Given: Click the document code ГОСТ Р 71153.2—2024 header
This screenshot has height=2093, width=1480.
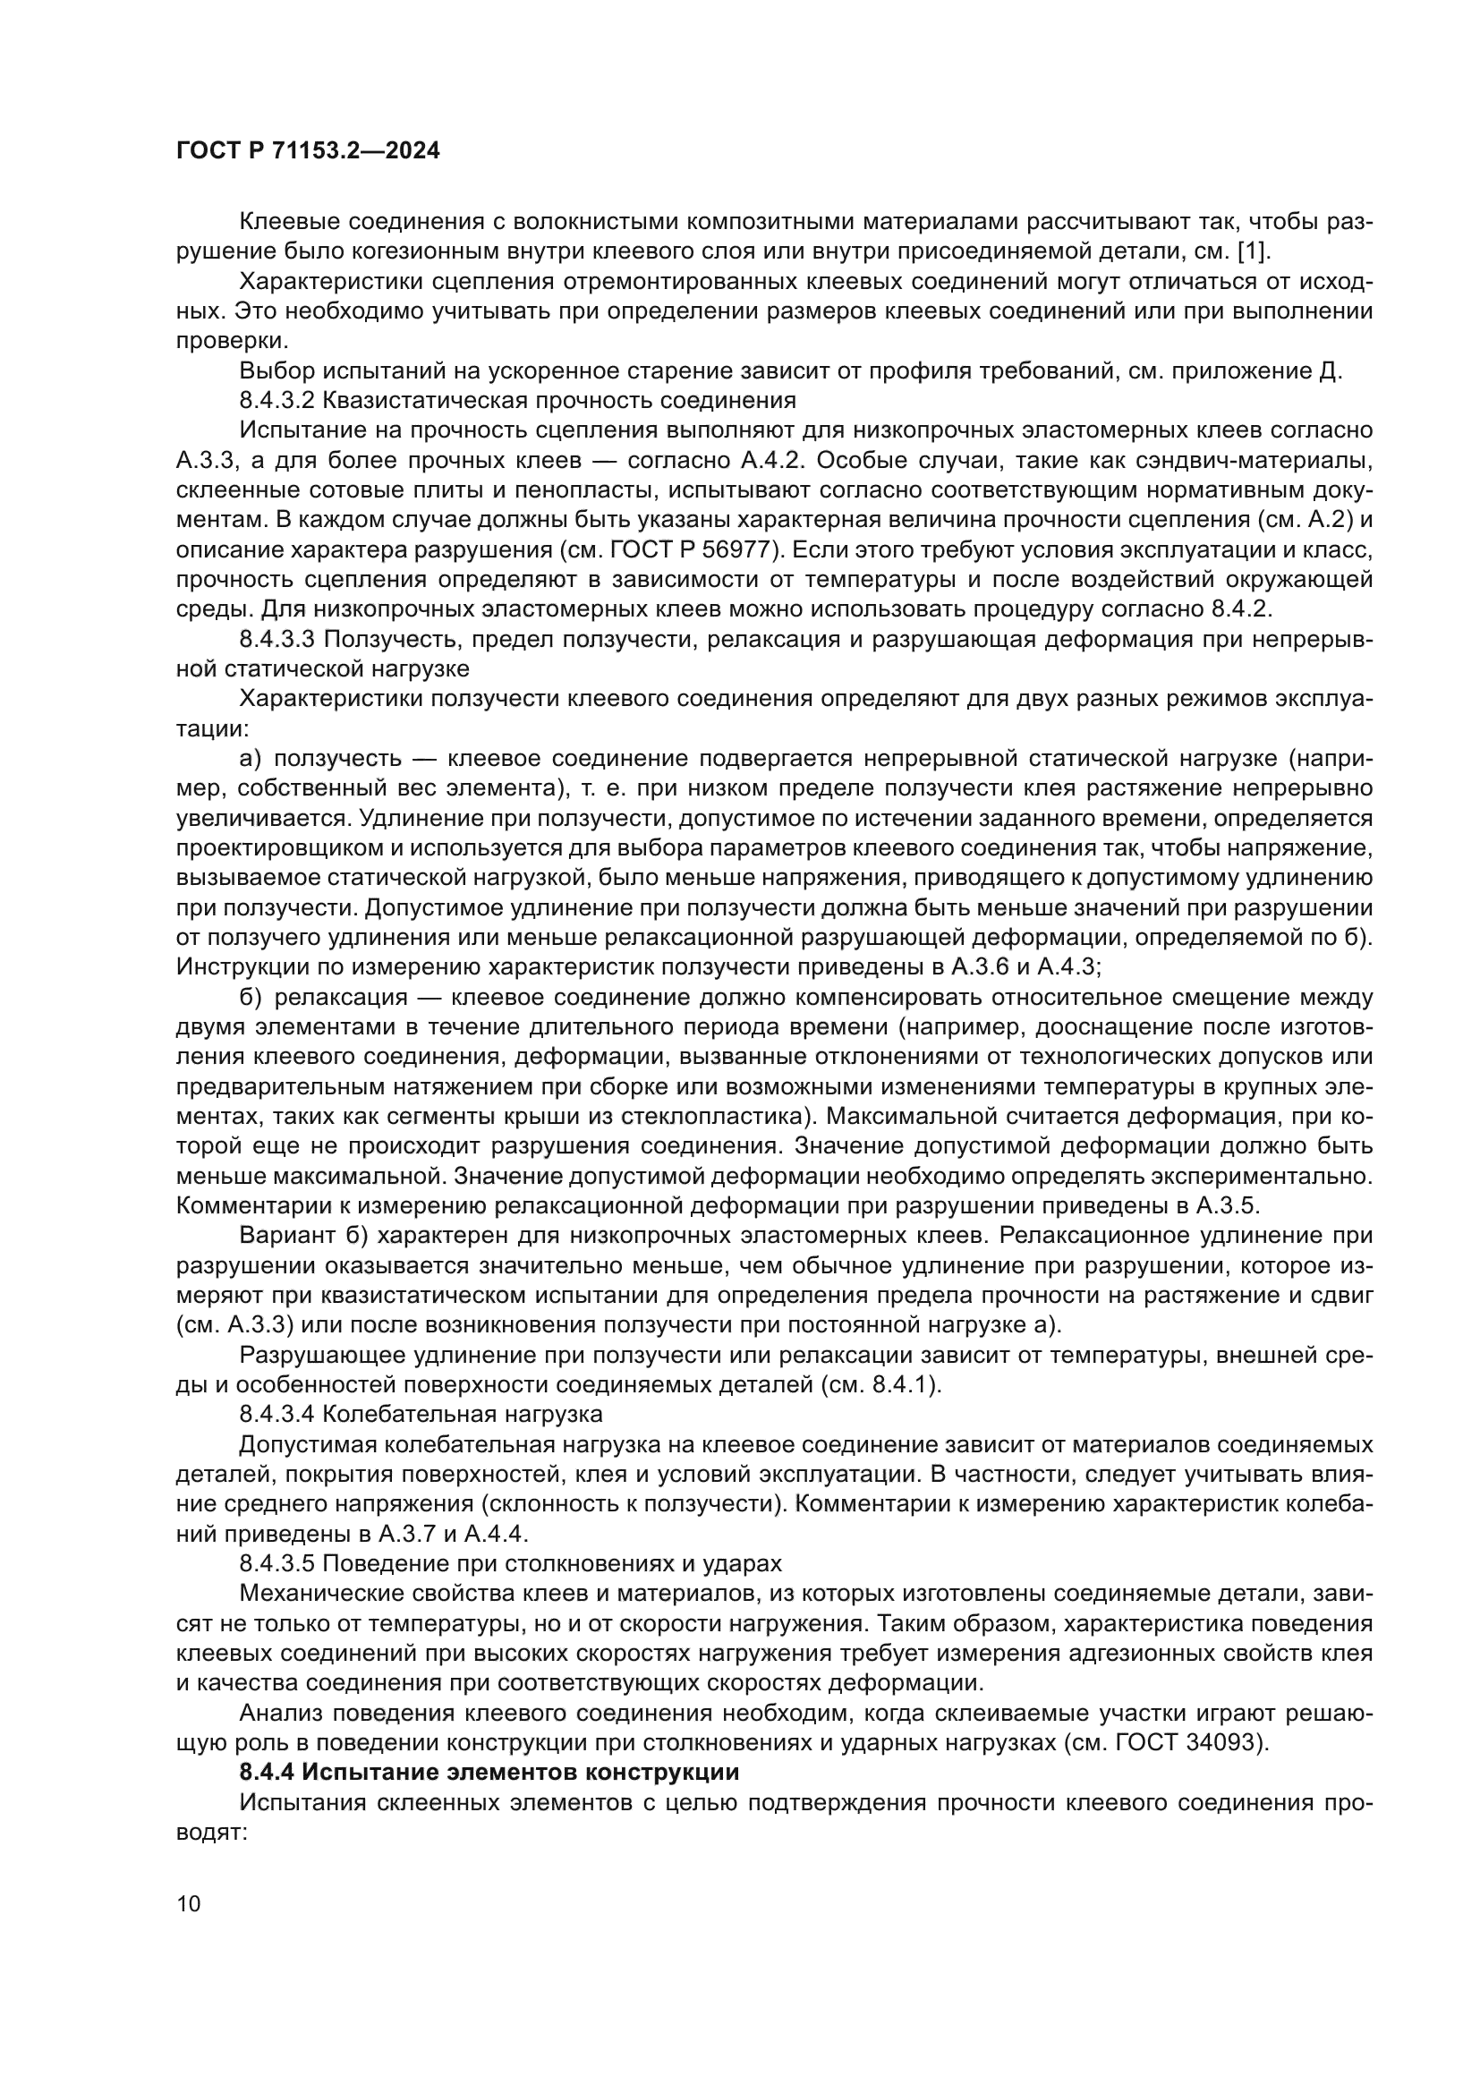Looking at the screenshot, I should click(308, 151).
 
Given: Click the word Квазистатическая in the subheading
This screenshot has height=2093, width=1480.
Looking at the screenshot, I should click(409, 400).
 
